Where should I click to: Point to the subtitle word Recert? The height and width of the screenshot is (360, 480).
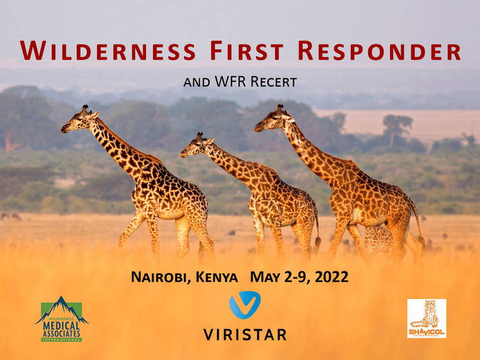276,82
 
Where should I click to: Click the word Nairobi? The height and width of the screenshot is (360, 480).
158,277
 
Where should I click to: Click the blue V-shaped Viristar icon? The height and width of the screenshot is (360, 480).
245,305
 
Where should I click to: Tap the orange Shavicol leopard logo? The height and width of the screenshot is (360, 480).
426,318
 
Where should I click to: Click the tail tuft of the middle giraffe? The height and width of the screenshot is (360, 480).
318,242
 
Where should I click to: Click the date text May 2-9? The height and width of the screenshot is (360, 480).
278,277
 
